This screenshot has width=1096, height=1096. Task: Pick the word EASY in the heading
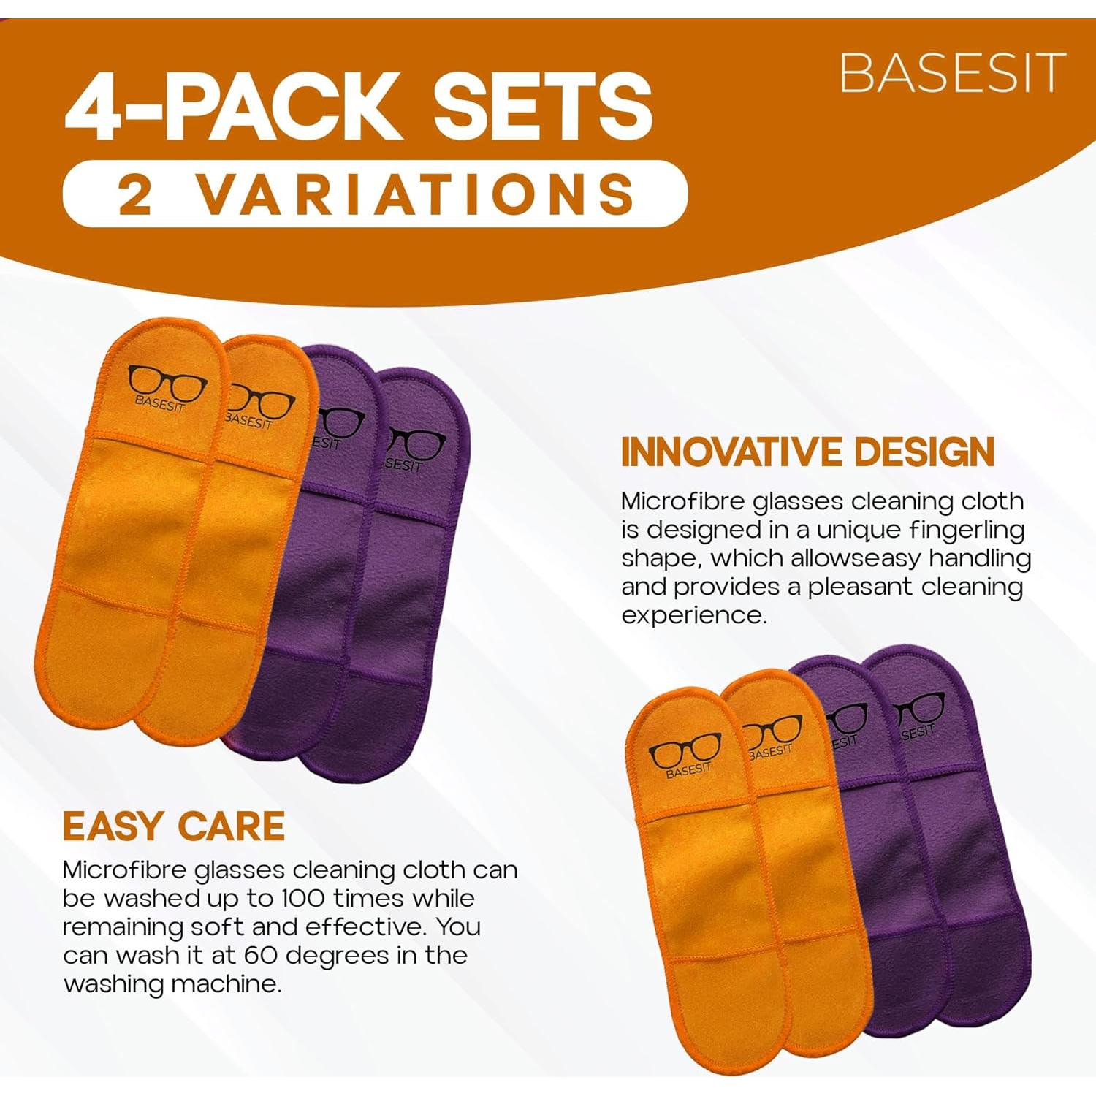(x=112, y=826)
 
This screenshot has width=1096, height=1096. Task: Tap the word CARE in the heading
(x=231, y=826)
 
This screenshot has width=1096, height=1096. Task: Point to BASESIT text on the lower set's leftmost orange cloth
(x=688, y=770)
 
